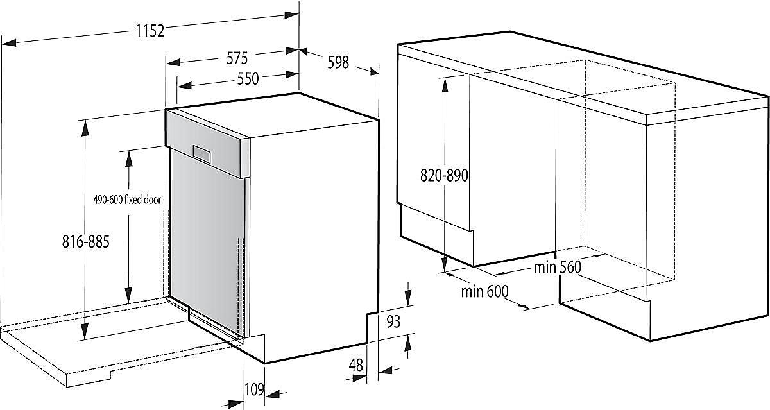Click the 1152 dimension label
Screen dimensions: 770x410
150,31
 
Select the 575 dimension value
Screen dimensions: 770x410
237,58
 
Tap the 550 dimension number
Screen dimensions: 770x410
248,79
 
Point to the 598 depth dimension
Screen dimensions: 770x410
338,62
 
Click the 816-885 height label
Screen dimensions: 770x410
85,242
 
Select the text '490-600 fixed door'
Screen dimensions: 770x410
127,200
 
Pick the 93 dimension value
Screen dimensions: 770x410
393,321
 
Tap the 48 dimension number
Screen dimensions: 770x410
355,365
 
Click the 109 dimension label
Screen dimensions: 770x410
254,389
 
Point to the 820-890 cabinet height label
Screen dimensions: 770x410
444,176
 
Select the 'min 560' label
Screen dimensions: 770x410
557,267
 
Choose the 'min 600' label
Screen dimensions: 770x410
484,291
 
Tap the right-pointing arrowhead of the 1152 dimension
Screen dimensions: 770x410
291,15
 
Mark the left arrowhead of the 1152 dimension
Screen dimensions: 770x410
9,42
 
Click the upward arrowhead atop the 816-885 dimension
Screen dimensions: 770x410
85,129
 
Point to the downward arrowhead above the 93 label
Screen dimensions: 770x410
408,298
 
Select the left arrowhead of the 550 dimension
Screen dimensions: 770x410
185,85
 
